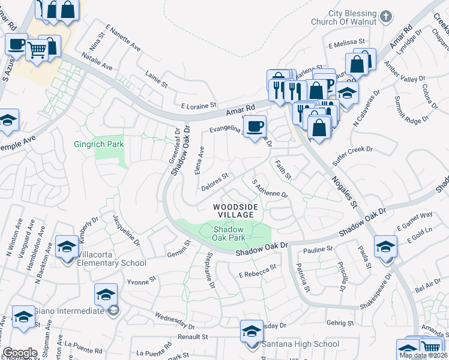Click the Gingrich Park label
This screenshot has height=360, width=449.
(98, 144)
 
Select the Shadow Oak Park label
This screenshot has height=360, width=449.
(229, 234)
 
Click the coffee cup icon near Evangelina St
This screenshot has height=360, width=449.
(256, 126)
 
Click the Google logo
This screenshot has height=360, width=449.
(20, 353)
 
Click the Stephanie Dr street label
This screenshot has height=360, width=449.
(209, 269)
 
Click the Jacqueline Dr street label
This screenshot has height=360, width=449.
(126, 232)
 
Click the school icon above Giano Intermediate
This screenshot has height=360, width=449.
(106, 295)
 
